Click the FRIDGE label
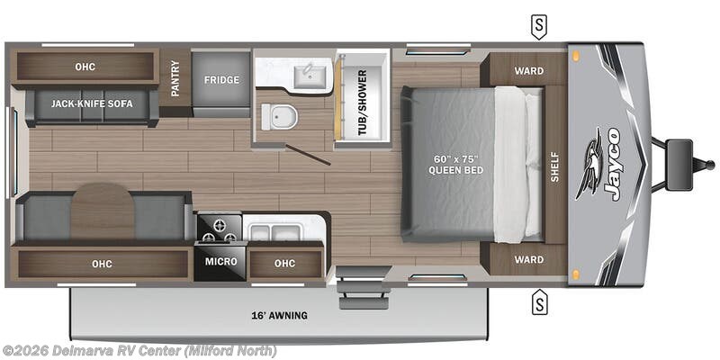220,80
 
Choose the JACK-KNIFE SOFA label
92,104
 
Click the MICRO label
220,261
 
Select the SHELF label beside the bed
554,165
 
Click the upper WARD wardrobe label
529,70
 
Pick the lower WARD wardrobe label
529,259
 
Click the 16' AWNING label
279,315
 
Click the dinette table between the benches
102,211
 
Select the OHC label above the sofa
85,66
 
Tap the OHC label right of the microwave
284,263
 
